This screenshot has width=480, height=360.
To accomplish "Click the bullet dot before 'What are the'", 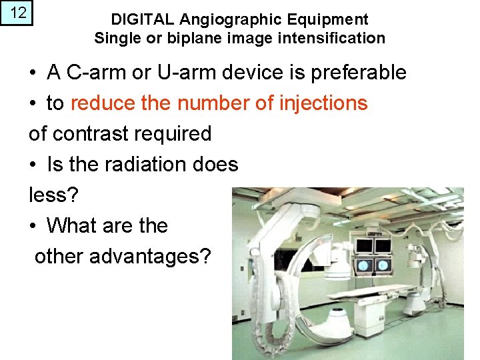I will pyautogui.click(x=33, y=226).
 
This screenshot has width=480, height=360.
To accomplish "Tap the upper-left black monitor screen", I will pyautogui.click(x=363, y=246).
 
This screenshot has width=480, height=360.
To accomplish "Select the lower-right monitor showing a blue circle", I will pyautogui.click(x=384, y=265).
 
